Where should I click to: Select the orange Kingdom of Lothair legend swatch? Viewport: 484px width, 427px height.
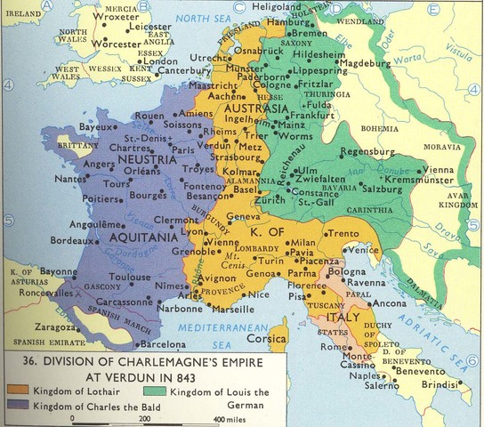pos(15,391)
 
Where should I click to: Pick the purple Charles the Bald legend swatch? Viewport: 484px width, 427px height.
pos(15,406)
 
